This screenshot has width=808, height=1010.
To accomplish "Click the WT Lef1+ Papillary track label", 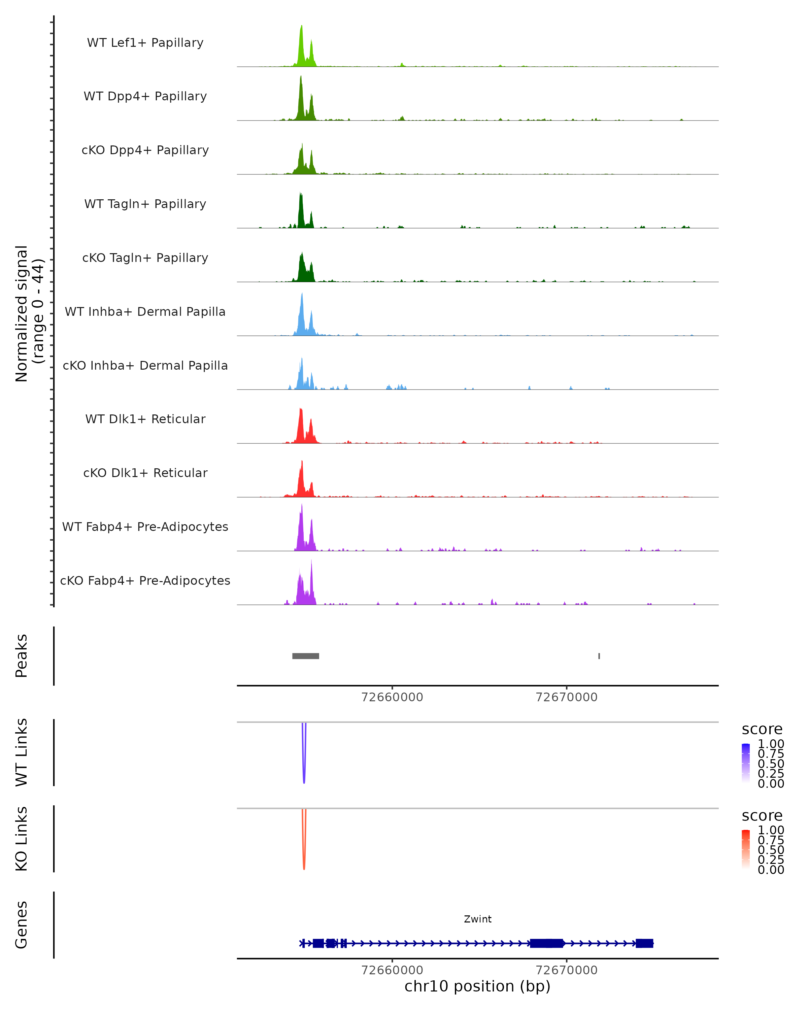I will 145,43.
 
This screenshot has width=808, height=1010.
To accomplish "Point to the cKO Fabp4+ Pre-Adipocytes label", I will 145,580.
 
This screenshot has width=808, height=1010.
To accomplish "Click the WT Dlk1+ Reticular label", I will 145,419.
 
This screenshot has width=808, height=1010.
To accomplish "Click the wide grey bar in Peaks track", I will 305,656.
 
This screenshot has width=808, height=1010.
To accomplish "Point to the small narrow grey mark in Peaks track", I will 599,656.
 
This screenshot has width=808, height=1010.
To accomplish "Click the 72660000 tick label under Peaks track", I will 392,697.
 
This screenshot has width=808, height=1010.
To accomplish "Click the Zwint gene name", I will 477,919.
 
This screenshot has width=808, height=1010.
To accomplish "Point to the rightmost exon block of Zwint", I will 644,943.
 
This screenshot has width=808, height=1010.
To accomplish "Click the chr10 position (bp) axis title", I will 477,986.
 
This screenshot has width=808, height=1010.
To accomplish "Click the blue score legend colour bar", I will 746,762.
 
